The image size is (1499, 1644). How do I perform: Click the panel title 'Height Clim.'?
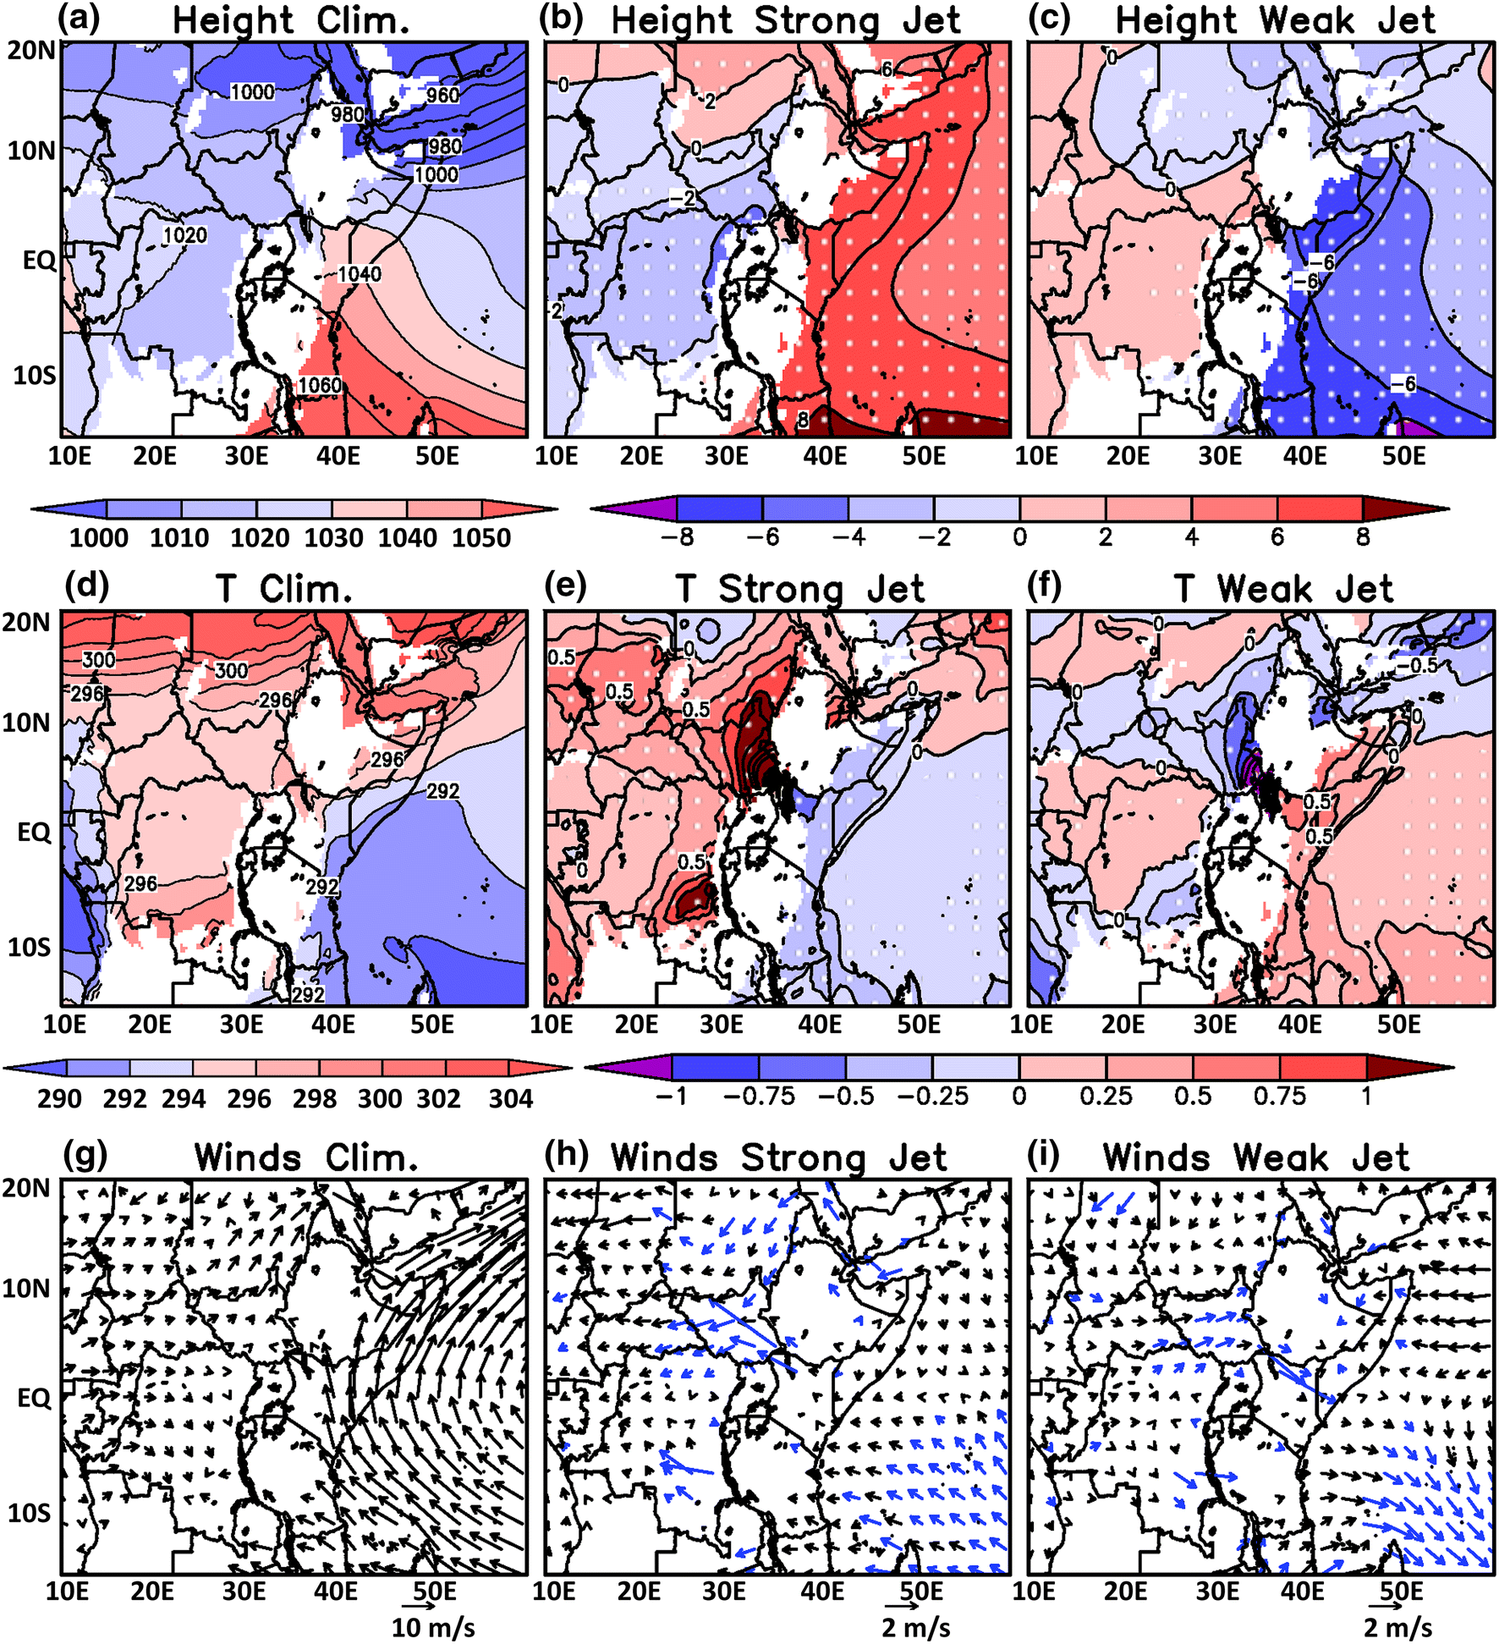pos(291,20)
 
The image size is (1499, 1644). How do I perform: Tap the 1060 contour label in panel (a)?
pos(320,386)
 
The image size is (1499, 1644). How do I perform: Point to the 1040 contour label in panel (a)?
pos(360,274)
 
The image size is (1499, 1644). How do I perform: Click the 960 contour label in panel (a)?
pos(442,95)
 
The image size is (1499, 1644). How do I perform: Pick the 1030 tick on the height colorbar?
pos(333,538)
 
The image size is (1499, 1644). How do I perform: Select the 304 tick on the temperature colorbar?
pos(511,1098)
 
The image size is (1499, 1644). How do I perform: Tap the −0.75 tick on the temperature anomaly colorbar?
pos(759,1097)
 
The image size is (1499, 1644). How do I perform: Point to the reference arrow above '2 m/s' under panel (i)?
pos(1385,1605)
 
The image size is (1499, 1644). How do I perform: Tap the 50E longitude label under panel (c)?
pos(1403,457)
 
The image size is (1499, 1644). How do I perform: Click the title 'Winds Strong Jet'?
pos(778,1157)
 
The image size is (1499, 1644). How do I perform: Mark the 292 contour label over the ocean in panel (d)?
pos(442,791)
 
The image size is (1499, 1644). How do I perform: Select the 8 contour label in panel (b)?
pos(803,418)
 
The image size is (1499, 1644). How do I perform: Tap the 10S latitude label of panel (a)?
pos(34,374)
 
